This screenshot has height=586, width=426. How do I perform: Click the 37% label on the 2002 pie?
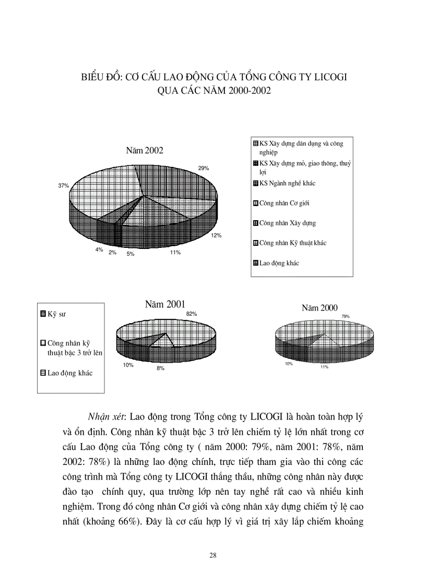click(x=64, y=185)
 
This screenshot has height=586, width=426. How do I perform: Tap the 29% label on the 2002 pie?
click(x=203, y=168)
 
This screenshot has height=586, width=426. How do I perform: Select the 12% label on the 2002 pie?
click(x=216, y=236)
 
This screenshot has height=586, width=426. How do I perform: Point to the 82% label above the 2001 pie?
click(x=191, y=314)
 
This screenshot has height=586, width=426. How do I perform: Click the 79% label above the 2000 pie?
click(x=346, y=316)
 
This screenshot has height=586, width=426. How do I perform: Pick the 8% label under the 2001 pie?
click(x=160, y=368)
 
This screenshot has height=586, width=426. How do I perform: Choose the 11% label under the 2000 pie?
click(x=324, y=367)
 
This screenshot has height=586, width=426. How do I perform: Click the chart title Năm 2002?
click(x=145, y=151)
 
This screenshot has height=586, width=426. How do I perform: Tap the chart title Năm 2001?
click(x=165, y=304)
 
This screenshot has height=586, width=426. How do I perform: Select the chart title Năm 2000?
click(x=319, y=308)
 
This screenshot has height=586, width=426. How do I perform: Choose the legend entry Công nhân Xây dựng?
click(x=287, y=223)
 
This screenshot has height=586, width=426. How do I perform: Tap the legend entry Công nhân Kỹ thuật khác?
click(x=293, y=243)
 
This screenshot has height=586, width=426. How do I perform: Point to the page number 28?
click(x=212, y=555)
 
